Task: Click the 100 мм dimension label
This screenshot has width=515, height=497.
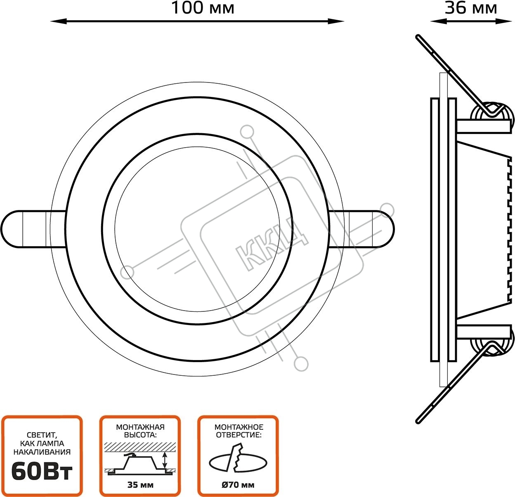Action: [x=203, y=8]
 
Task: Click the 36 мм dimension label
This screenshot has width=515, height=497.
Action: [x=471, y=8]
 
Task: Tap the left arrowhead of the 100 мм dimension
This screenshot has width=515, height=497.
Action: [x=58, y=21]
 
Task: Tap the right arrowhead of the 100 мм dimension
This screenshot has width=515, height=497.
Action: [x=336, y=21]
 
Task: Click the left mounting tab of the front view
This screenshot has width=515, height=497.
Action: [x=33, y=229]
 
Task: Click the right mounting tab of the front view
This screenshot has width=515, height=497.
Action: [x=361, y=229]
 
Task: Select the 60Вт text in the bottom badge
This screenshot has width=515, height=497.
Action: [x=42, y=472]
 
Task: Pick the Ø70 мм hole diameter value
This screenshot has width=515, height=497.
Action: [x=238, y=485]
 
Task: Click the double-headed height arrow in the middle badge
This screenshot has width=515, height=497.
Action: [x=165, y=460]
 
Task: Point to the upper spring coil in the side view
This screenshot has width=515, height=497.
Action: [x=493, y=114]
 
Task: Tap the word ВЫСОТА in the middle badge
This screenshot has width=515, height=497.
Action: [x=140, y=435]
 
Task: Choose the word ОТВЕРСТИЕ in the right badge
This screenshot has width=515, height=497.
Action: [x=239, y=435]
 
